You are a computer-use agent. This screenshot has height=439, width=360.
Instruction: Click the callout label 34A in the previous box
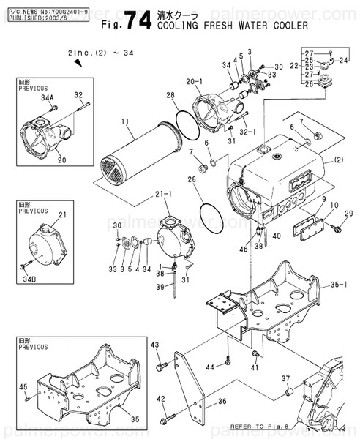point(48,96)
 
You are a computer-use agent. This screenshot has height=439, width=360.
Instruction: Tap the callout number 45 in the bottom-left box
point(23,386)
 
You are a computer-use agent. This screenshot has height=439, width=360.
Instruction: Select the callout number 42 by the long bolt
point(161,399)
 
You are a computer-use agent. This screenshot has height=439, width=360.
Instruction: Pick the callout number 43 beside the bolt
point(154,345)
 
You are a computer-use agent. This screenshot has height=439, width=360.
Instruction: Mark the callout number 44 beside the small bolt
point(210,366)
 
